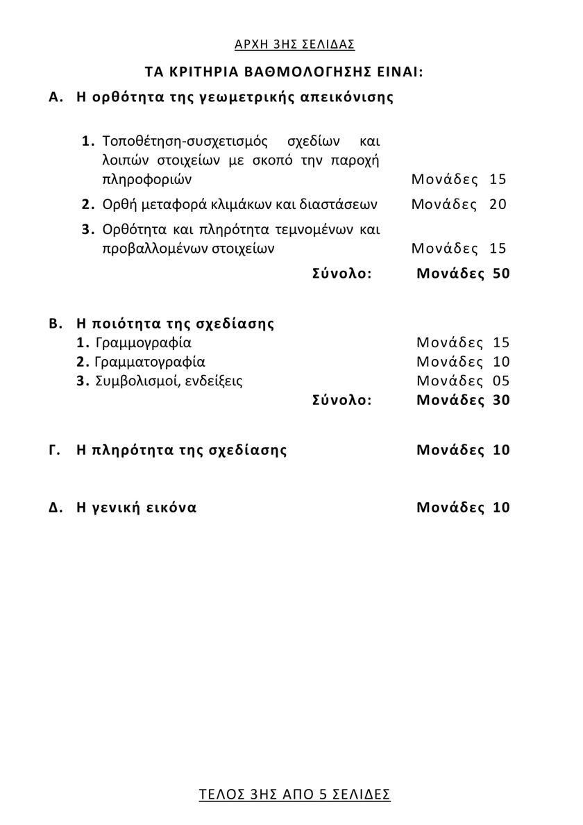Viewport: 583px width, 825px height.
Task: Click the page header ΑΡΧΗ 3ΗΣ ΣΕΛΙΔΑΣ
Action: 295,44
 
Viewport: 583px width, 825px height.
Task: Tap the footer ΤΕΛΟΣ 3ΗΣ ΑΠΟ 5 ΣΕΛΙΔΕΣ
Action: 294,794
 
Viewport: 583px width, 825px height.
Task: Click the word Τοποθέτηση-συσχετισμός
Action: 184,141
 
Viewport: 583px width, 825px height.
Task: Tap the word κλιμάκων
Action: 258,204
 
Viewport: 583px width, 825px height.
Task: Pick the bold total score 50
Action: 501,274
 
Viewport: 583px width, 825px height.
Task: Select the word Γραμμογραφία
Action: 143,342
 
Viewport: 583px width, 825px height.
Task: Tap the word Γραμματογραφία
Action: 150,362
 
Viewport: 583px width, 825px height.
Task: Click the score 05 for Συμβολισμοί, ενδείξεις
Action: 501,381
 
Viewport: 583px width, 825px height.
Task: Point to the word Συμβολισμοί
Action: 137,381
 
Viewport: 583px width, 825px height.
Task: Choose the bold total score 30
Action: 501,400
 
